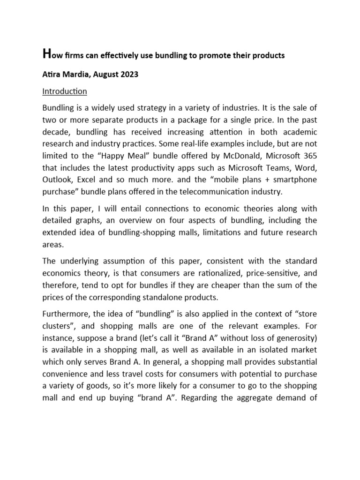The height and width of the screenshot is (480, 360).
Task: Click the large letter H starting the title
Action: coord(46,54)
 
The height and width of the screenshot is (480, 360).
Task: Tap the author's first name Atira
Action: coord(52,75)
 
